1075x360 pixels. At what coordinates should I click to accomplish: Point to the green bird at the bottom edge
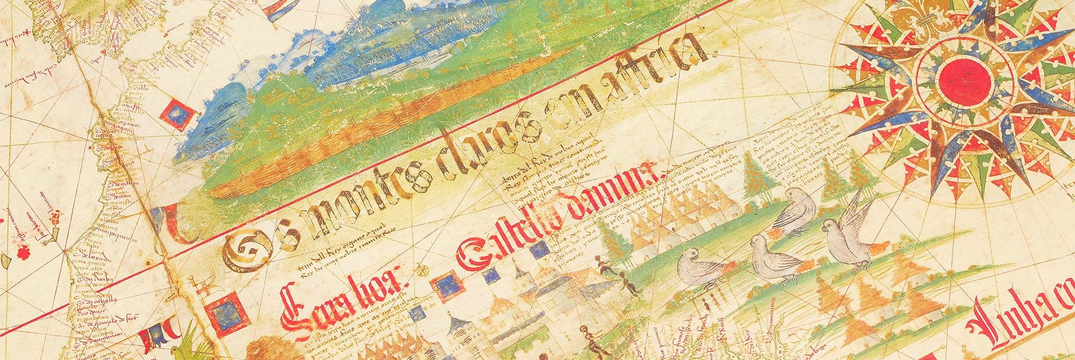click(x=181, y=352)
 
